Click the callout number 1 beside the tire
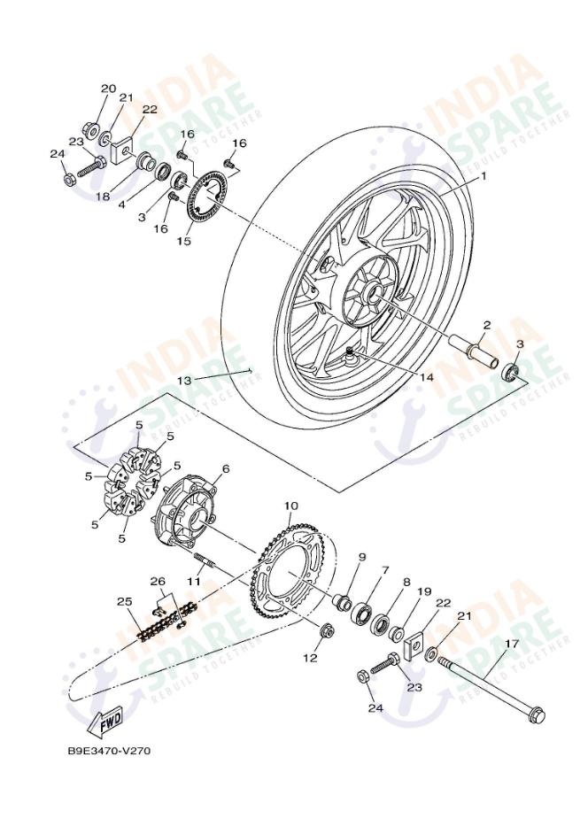coord(484,176)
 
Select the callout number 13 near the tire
coord(184,380)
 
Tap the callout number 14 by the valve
coord(427,376)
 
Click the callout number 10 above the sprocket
coord(290,506)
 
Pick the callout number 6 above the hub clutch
coord(226,468)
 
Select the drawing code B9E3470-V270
coord(109,751)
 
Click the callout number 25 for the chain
coord(125,602)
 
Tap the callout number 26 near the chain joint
coord(158,582)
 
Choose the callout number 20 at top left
coord(108,89)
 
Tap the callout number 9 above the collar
coord(361,557)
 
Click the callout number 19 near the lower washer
coord(424,591)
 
